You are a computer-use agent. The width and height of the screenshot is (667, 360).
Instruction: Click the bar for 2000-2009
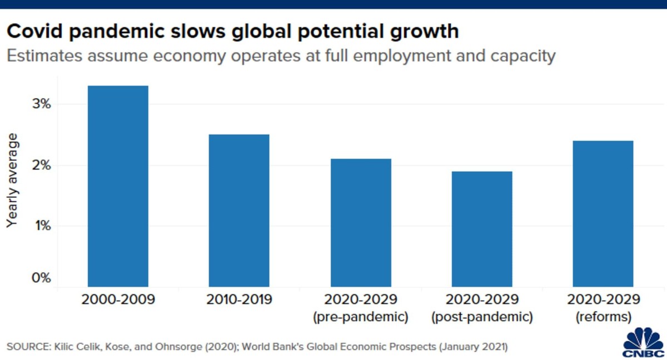coord(118,186)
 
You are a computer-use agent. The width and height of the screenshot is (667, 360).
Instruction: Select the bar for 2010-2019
coord(239,211)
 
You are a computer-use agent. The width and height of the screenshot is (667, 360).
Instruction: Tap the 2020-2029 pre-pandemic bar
coord(361,223)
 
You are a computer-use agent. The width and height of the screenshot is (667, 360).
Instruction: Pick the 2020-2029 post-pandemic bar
coord(482,229)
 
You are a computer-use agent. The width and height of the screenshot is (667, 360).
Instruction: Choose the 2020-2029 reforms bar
coord(603,214)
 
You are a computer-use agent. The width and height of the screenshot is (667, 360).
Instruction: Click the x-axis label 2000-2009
coord(118,300)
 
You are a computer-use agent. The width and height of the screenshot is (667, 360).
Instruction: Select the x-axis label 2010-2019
coord(239,300)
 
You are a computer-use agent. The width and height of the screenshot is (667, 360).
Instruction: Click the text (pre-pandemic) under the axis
coord(361,317)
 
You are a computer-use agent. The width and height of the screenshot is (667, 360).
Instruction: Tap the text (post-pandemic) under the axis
coord(482,317)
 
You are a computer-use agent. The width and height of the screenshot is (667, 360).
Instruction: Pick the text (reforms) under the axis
coord(603,317)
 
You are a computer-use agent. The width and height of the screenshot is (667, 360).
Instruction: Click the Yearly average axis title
coord(12,180)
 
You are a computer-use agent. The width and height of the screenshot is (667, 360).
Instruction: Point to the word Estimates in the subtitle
coord(41,56)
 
